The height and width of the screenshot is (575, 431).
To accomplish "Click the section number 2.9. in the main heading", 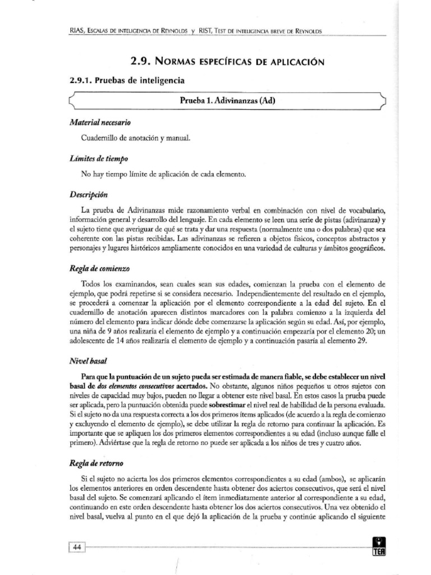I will coord(140,61).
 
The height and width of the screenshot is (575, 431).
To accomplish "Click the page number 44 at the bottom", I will coord(76,547).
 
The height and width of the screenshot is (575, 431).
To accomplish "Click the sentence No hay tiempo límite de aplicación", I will coord(163,175).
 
